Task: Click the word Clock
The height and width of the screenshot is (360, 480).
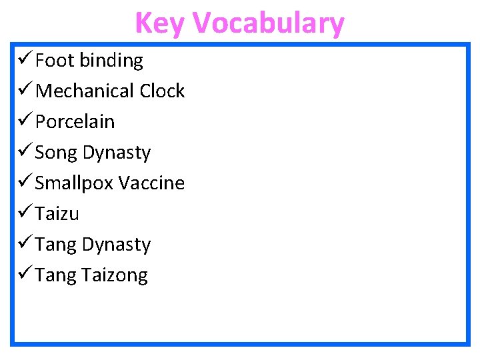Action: (162, 91)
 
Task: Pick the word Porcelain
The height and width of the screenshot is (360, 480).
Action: (75, 122)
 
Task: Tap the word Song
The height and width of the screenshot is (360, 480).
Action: (55, 153)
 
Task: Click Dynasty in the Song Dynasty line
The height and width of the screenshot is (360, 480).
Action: (117, 153)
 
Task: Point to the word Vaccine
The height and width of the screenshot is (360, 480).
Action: (151, 183)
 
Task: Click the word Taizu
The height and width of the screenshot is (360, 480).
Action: (57, 214)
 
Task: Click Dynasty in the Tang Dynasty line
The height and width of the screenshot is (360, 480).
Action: (117, 245)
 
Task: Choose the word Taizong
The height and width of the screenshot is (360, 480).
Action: (115, 275)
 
